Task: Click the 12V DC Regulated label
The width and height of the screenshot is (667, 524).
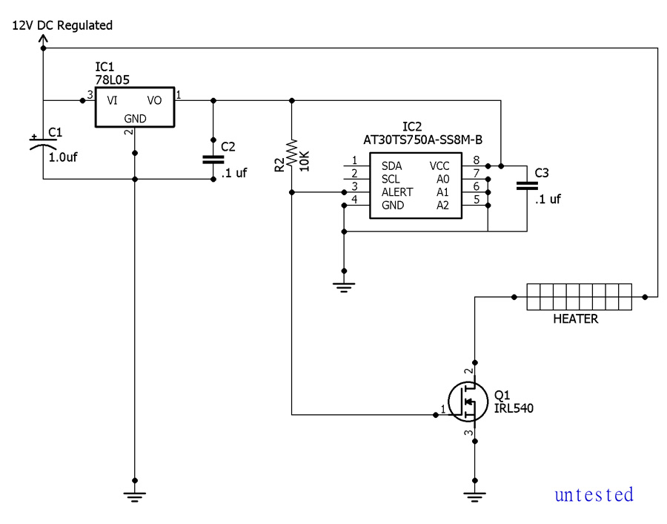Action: [62, 25]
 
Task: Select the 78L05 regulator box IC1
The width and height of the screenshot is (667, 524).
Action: [135, 107]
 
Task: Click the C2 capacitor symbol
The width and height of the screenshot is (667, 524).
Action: [213, 160]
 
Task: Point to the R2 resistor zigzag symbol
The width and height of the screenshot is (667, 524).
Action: [292, 153]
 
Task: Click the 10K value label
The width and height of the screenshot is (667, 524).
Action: [305, 161]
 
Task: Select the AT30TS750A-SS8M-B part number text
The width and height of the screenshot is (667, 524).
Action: [422, 140]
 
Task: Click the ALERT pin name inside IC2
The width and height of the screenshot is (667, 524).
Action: [397, 192]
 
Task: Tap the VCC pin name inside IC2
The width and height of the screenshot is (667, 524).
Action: [439, 166]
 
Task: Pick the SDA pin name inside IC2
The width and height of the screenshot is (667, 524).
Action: [391, 166]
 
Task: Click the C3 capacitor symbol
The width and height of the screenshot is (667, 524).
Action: [527, 186]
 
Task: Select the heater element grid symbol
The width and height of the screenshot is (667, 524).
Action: [580, 297]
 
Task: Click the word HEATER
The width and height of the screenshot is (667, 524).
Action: [576, 318]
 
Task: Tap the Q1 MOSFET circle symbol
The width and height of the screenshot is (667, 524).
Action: [468, 402]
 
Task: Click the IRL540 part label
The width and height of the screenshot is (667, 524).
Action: [514, 408]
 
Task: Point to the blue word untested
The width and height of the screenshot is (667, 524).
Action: [594, 494]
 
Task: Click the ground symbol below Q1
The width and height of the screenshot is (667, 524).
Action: [475, 497]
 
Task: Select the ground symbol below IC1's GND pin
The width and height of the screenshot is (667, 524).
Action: [135, 497]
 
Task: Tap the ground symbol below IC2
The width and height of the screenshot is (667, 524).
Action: [344, 286]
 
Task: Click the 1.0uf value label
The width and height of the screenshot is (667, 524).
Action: [63, 157]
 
